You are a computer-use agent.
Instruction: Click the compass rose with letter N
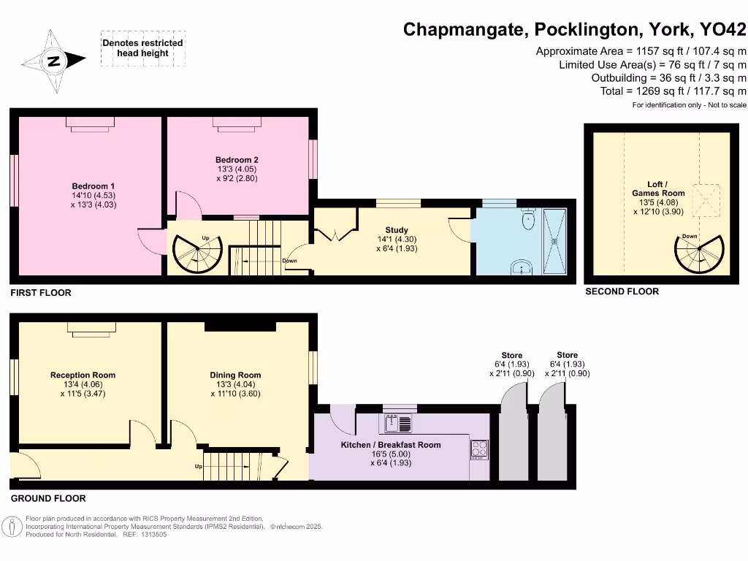tap(53, 62)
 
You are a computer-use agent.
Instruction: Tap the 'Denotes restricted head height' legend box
tap(142, 48)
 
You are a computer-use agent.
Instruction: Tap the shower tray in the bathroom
tap(554, 240)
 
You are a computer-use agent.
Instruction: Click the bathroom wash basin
tap(520, 267)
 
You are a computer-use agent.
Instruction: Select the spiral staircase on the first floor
tap(195, 255)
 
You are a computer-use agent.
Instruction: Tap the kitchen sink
tap(398, 423)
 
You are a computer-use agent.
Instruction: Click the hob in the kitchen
tap(479, 449)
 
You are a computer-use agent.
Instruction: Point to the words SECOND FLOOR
tap(622, 291)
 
